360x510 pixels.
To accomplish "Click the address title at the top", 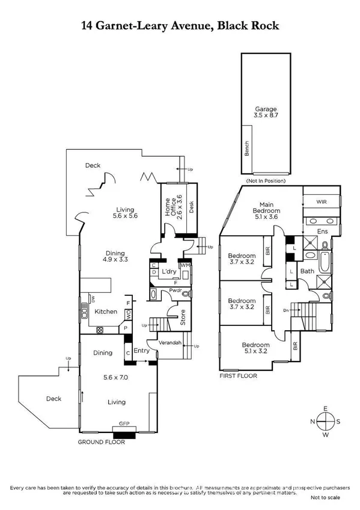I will tap(180, 26).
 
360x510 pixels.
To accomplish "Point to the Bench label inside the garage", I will tap(246, 148).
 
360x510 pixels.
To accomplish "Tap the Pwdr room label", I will tap(175, 290).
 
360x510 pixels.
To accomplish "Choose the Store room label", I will tap(183, 317).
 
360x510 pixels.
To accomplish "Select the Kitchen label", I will tap(106, 312).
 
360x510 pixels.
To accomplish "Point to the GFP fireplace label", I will tap(125, 423).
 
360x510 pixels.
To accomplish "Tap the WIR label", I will tap(322, 203).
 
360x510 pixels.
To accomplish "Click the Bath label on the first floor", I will tap(307, 271).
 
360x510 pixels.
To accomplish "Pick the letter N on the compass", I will tap(313, 421).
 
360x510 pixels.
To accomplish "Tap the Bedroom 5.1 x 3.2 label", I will tap(256, 349).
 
